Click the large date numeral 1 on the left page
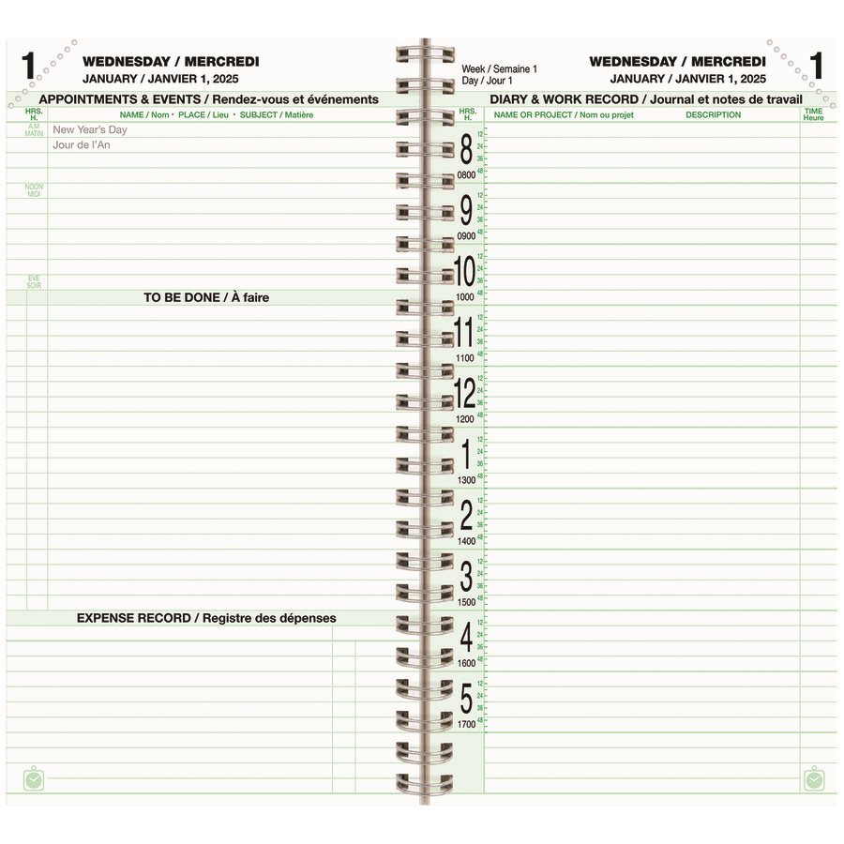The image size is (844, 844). point(28,67)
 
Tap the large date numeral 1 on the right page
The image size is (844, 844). point(817,67)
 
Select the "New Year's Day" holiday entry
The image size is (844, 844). point(89,130)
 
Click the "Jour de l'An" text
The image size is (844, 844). point(88,145)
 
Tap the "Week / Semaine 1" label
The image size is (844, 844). point(499,69)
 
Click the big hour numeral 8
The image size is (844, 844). point(466,150)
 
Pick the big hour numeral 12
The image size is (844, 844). point(465,393)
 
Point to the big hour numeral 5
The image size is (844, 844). point(466,699)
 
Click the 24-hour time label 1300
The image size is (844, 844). point(466,480)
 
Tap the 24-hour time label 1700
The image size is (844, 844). point(466,724)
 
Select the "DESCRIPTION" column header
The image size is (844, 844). point(713,115)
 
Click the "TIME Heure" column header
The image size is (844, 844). point(813,114)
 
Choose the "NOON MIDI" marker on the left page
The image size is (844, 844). point(34,189)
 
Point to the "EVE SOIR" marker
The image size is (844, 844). point(34,281)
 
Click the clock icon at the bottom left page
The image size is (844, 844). point(34,778)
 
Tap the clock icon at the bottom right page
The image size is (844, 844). point(814,778)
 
